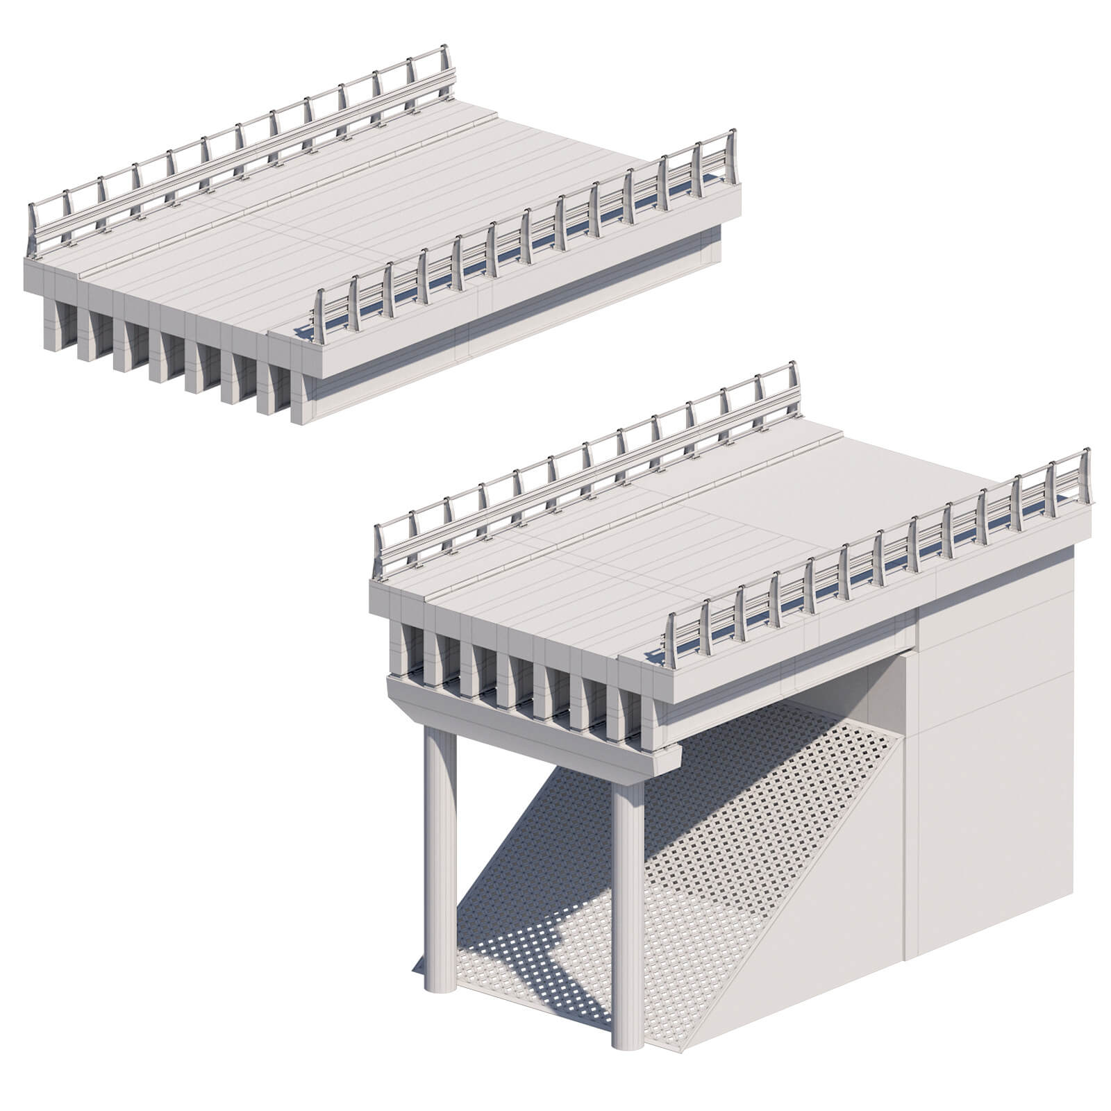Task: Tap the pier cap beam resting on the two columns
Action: pos(528,729)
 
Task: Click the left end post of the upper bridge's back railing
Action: pos(32,229)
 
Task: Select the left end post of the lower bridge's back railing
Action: pos(378,552)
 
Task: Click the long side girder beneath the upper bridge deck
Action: pos(514,333)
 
